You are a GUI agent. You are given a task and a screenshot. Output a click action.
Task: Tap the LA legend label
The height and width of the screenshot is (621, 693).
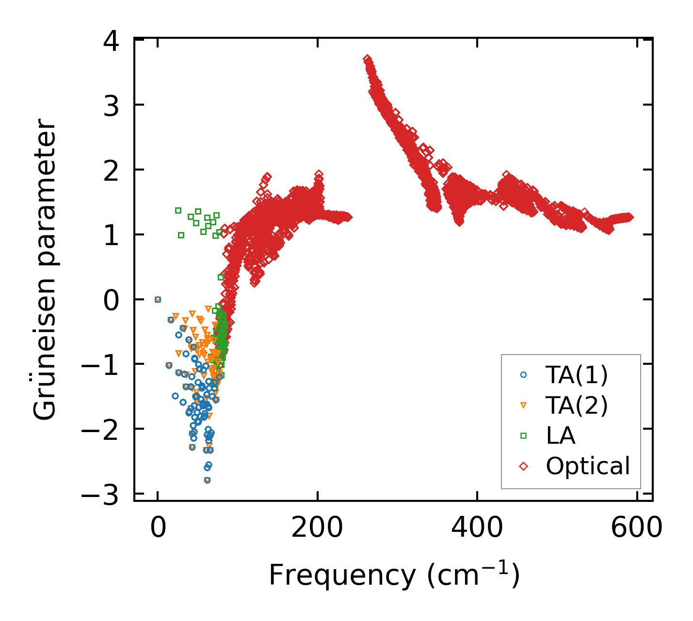coord(561,435)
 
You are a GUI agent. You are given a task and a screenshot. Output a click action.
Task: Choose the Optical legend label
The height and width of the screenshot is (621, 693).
coord(588,466)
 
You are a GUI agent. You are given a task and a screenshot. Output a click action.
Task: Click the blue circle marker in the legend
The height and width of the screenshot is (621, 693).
coord(523,374)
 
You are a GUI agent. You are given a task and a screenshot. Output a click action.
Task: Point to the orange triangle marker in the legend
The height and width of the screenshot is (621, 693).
coord(523,405)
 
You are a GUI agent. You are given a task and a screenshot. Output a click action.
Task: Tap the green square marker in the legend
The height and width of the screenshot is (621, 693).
coord(523,435)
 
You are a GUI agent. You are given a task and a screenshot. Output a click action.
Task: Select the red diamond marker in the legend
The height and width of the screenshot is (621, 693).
coord(523,466)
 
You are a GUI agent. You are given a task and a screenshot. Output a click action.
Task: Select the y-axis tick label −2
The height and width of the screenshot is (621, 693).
coord(100,431)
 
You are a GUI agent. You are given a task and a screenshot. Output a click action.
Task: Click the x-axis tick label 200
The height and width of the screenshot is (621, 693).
coord(317,528)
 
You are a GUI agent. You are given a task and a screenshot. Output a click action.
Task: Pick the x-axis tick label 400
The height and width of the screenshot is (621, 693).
coord(477,528)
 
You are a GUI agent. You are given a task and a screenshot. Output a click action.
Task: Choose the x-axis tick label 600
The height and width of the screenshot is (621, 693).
coord(636,528)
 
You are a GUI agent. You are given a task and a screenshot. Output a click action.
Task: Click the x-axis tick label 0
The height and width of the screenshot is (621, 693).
coord(158,528)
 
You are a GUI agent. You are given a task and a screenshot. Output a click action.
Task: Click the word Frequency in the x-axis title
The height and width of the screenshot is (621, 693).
coord(342,575)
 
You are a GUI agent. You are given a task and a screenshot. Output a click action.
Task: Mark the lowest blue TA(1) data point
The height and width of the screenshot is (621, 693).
coord(207,480)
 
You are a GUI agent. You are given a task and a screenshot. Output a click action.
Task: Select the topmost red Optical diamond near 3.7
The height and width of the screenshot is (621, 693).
coord(367,59)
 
